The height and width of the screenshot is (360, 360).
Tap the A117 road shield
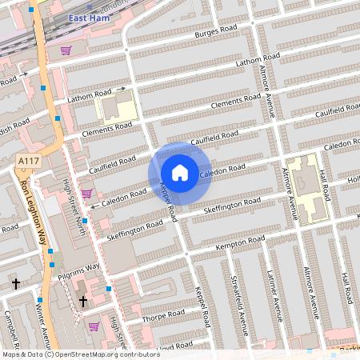coord(28,162)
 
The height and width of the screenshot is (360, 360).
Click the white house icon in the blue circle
coord(180,173)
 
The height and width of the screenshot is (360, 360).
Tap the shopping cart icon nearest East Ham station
coord(65,50)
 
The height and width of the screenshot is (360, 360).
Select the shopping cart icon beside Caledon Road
coord(86,193)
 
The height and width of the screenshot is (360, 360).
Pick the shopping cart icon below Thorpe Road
coord(94,326)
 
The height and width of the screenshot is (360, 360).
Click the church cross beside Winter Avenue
coord(15,283)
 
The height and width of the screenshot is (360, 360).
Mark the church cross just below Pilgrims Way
coord(82,301)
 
